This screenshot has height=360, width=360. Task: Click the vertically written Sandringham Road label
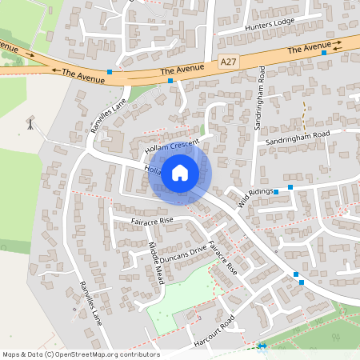[x=260, y=100]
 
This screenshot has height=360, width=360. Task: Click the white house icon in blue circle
[x=180, y=171]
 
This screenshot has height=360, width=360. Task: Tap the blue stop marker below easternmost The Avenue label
[x=324, y=54]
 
